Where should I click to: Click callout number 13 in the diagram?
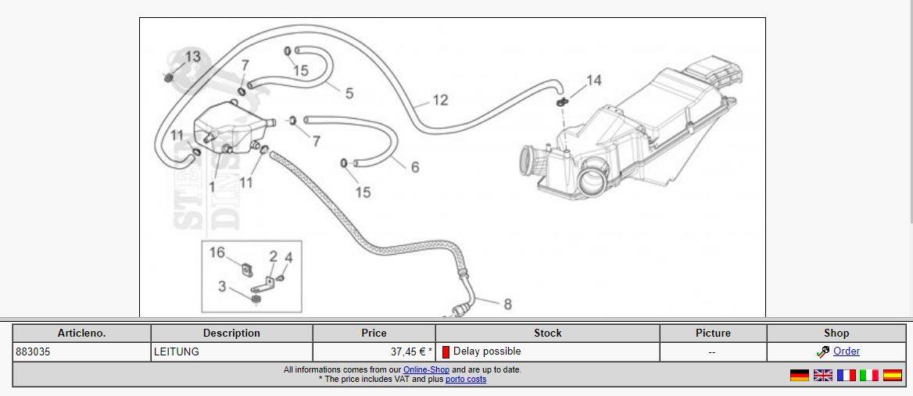click(192, 56)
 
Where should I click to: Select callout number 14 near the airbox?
click(593, 80)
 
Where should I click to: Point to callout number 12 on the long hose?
click(440, 100)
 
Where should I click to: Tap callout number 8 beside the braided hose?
click(507, 304)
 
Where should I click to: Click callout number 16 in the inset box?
click(217, 252)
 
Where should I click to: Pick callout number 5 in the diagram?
click(349, 93)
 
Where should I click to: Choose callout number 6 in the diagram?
click(414, 166)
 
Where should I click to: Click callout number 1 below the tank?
click(212, 187)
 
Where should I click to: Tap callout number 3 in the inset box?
click(222, 286)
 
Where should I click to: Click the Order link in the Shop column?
click(846, 351)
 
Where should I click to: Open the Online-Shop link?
click(426, 369)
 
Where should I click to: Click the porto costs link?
click(466, 380)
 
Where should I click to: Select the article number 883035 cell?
click(34, 352)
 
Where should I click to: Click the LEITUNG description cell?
click(177, 352)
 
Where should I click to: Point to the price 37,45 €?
click(408, 352)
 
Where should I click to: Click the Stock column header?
click(547, 333)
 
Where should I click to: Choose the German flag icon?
click(799, 376)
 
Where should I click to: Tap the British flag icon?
click(822, 376)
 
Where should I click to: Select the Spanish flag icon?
click(892, 376)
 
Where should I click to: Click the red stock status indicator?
click(446, 352)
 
